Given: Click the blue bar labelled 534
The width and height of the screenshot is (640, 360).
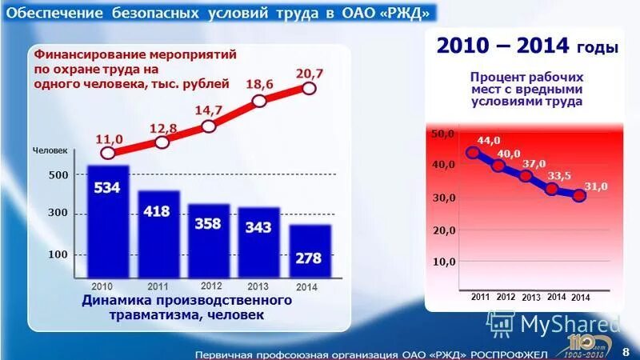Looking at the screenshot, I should click(x=108, y=221).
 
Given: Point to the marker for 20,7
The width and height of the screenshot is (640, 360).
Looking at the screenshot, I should click(x=310, y=88).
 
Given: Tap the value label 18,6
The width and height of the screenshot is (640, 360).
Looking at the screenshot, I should click(x=258, y=83).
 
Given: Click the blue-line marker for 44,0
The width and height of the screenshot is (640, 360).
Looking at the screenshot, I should click(x=473, y=153).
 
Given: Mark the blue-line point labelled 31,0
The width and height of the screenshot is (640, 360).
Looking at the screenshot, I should click(x=579, y=196).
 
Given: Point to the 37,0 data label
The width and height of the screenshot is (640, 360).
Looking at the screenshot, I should click(x=534, y=164).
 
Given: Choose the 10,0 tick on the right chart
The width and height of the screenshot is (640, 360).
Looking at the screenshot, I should click(x=444, y=262).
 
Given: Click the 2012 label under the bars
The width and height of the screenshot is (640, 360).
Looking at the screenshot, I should click(x=210, y=286).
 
